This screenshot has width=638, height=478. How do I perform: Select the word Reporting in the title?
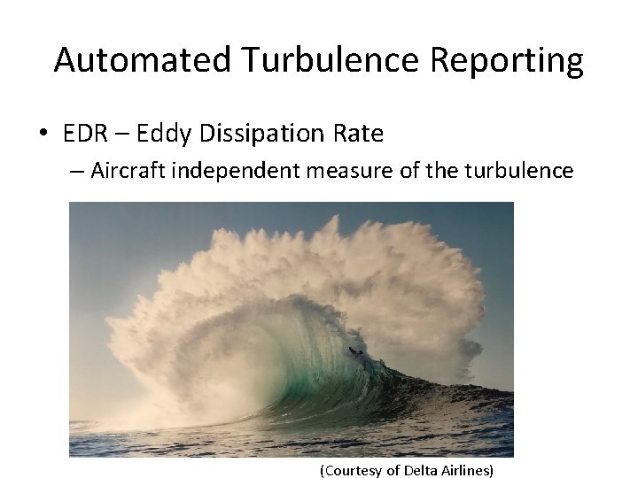(x=506, y=61)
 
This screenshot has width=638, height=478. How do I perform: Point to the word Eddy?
(x=167, y=134)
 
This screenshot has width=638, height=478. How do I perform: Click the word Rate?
(x=360, y=134)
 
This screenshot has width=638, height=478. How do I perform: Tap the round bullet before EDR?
(x=43, y=135)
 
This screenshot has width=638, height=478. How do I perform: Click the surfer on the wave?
(x=356, y=355)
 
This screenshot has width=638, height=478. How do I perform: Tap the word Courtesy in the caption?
(x=353, y=470)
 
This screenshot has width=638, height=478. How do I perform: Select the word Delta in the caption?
(x=421, y=470)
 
